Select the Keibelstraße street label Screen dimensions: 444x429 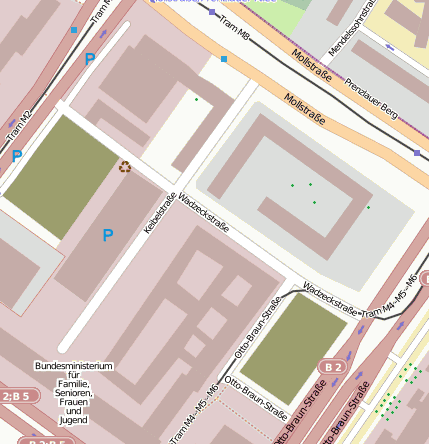(x=160, y=213)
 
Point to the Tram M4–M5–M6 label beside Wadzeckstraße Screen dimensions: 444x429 (x=391, y=297)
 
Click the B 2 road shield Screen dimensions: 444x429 (x=333, y=368)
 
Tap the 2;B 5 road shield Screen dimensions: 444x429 (x=17, y=396)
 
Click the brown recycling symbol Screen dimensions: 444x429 (x=125, y=167)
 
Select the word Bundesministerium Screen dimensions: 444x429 (x=74, y=366)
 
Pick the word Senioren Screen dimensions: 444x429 (x=74, y=393)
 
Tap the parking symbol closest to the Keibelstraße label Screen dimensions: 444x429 (x=108, y=235)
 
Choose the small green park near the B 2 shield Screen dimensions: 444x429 (x=305, y=347)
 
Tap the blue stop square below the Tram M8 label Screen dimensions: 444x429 (x=223, y=59)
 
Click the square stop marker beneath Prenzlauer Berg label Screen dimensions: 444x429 (x=417, y=152)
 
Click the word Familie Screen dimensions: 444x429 (x=74, y=384)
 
